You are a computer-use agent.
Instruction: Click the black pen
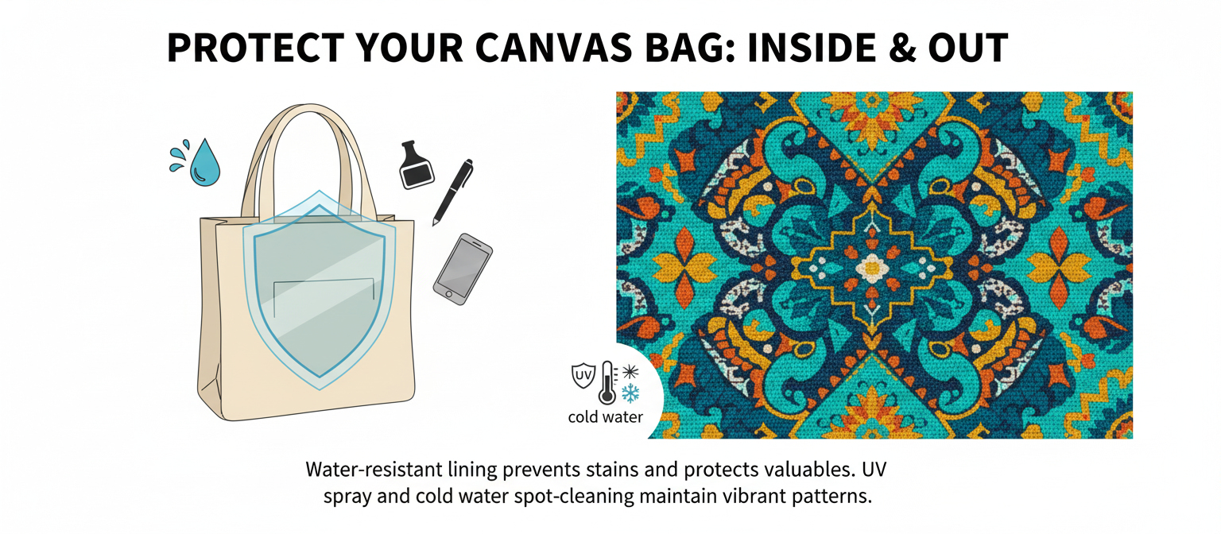(x=452, y=192)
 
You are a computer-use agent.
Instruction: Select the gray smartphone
(x=463, y=267)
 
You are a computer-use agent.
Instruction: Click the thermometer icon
(x=608, y=382)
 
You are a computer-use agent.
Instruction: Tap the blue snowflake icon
(x=630, y=393)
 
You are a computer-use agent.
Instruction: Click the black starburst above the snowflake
(x=630, y=370)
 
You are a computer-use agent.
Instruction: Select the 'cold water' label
(x=605, y=417)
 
